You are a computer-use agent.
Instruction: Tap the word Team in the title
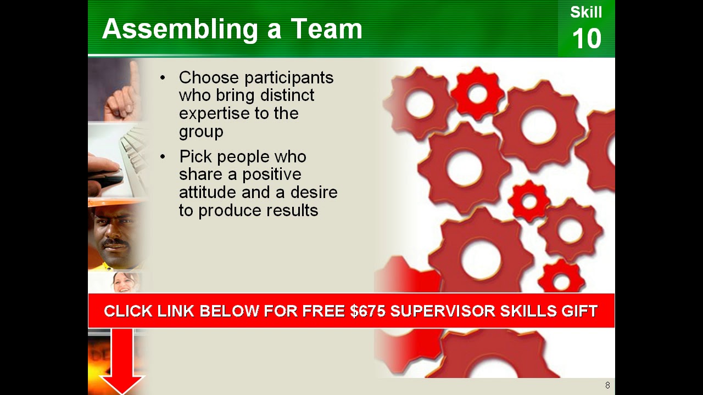point(326,29)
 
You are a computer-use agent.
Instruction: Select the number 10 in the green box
point(587,39)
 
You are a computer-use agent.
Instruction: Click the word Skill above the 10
point(586,13)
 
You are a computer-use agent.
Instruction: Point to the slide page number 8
point(607,385)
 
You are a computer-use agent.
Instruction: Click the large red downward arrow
point(122,359)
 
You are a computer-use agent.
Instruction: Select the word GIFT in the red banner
point(579,311)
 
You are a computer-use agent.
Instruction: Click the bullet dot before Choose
point(163,78)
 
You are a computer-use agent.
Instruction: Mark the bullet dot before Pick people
point(163,157)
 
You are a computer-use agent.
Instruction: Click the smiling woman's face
point(123,282)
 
